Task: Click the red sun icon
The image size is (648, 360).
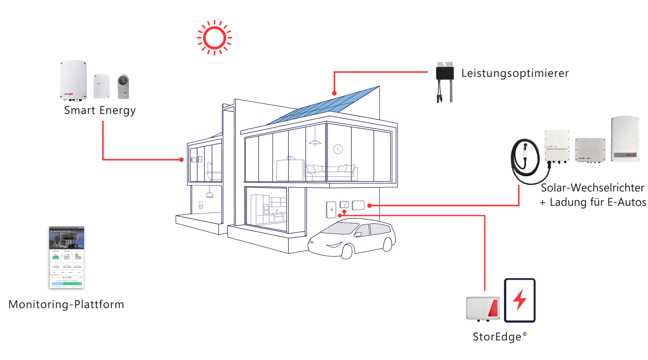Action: click(214, 37)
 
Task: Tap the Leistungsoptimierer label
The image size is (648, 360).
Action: click(515, 73)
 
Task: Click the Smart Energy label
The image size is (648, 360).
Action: click(100, 110)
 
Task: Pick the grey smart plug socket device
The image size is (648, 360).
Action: click(123, 87)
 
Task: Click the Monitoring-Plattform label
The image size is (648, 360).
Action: click(66, 304)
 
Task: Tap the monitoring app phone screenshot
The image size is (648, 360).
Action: click(66, 257)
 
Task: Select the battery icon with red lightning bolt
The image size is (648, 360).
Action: click(519, 300)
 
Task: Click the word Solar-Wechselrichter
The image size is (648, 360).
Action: click(592, 188)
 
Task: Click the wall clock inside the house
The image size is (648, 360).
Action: click(338, 149)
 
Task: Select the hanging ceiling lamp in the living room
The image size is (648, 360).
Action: click(315, 142)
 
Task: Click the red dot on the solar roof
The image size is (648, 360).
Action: click(334, 93)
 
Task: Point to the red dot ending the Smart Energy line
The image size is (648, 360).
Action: click(182, 160)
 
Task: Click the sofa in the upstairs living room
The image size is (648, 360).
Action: click(331, 170)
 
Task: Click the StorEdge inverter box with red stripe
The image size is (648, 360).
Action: click(483, 308)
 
